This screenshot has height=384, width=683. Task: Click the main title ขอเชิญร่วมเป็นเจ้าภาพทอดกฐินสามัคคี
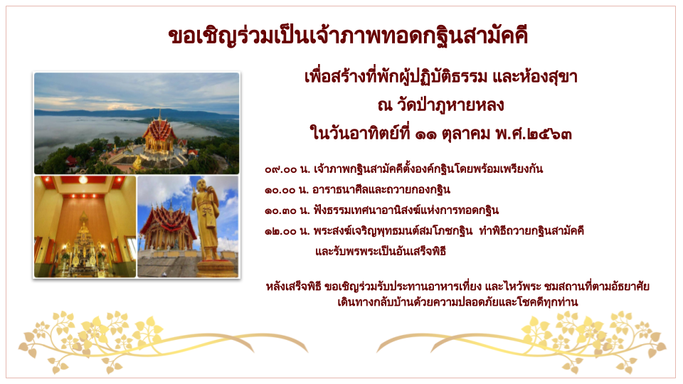pyautogui.click(x=348, y=36)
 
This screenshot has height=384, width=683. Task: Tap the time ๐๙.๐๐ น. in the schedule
pyautogui.click(x=287, y=169)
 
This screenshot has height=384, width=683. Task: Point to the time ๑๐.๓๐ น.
pyautogui.click(x=287, y=211)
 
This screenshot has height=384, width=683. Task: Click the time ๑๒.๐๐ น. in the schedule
pyautogui.click(x=287, y=231)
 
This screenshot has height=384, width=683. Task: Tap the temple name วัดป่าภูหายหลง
pyautogui.click(x=450, y=105)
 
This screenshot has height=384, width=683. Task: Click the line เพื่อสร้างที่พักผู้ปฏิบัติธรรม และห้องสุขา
pyautogui.click(x=441, y=77)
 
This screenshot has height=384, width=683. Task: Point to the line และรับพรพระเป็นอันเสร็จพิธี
pyautogui.click(x=381, y=251)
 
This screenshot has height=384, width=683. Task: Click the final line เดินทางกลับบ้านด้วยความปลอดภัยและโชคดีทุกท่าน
pyautogui.click(x=457, y=302)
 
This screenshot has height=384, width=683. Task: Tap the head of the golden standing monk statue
pyautogui.click(x=201, y=185)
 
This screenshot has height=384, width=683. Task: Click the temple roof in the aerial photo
pyautogui.click(x=159, y=131)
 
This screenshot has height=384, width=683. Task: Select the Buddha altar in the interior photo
pyautogui.click(x=84, y=246)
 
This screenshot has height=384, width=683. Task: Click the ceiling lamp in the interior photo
pyautogui.click(x=83, y=179)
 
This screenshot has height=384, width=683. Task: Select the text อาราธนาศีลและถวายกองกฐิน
pyautogui.click(x=381, y=190)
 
